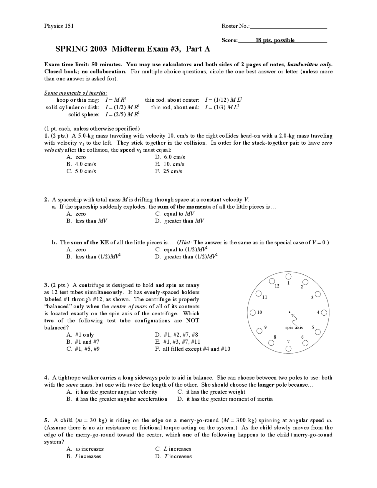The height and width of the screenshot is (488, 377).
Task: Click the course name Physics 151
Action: pyautogui.click(x=59, y=26)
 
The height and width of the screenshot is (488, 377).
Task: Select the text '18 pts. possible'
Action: pyautogui.click(x=275, y=40)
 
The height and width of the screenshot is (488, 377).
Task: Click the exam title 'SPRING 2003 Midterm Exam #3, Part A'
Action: pyautogui.click(x=133, y=49)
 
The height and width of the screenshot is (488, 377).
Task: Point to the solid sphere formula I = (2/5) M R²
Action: pyautogui.click(x=122, y=114)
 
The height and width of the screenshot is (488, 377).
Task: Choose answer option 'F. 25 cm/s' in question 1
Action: pyautogui.click(x=168, y=171)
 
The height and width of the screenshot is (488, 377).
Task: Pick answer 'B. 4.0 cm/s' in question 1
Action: pyautogui.click(x=81, y=164)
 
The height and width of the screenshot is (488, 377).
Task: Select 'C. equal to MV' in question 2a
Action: pyautogui.click(x=175, y=214)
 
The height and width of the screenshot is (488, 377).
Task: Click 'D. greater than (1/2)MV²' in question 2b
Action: pyautogui.click(x=186, y=257)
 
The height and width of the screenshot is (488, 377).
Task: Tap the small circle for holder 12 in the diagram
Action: pyautogui.click(x=272, y=281)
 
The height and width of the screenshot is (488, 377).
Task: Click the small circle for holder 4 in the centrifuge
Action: pyautogui.click(x=324, y=312)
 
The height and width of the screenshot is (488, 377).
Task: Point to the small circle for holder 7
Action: pyautogui.click(x=289, y=349)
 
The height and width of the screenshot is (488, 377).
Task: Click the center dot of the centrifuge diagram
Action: pyautogui.click(x=290, y=312)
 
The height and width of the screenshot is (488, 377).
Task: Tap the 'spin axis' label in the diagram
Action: pyautogui.click(x=294, y=327)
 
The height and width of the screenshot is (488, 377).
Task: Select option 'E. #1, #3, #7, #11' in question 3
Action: pyautogui.click(x=178, y=342)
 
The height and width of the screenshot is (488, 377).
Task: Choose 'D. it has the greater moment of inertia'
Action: pyautogui.click(x=225, y=399)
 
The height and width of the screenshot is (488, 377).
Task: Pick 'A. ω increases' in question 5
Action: pyautogui.click(x=85, y=449)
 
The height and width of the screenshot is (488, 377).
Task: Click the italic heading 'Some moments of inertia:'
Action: pyautogui.click(x=76, y=93)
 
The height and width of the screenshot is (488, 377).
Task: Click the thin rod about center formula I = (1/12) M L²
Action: pyautogui.click(x=223, y=100)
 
